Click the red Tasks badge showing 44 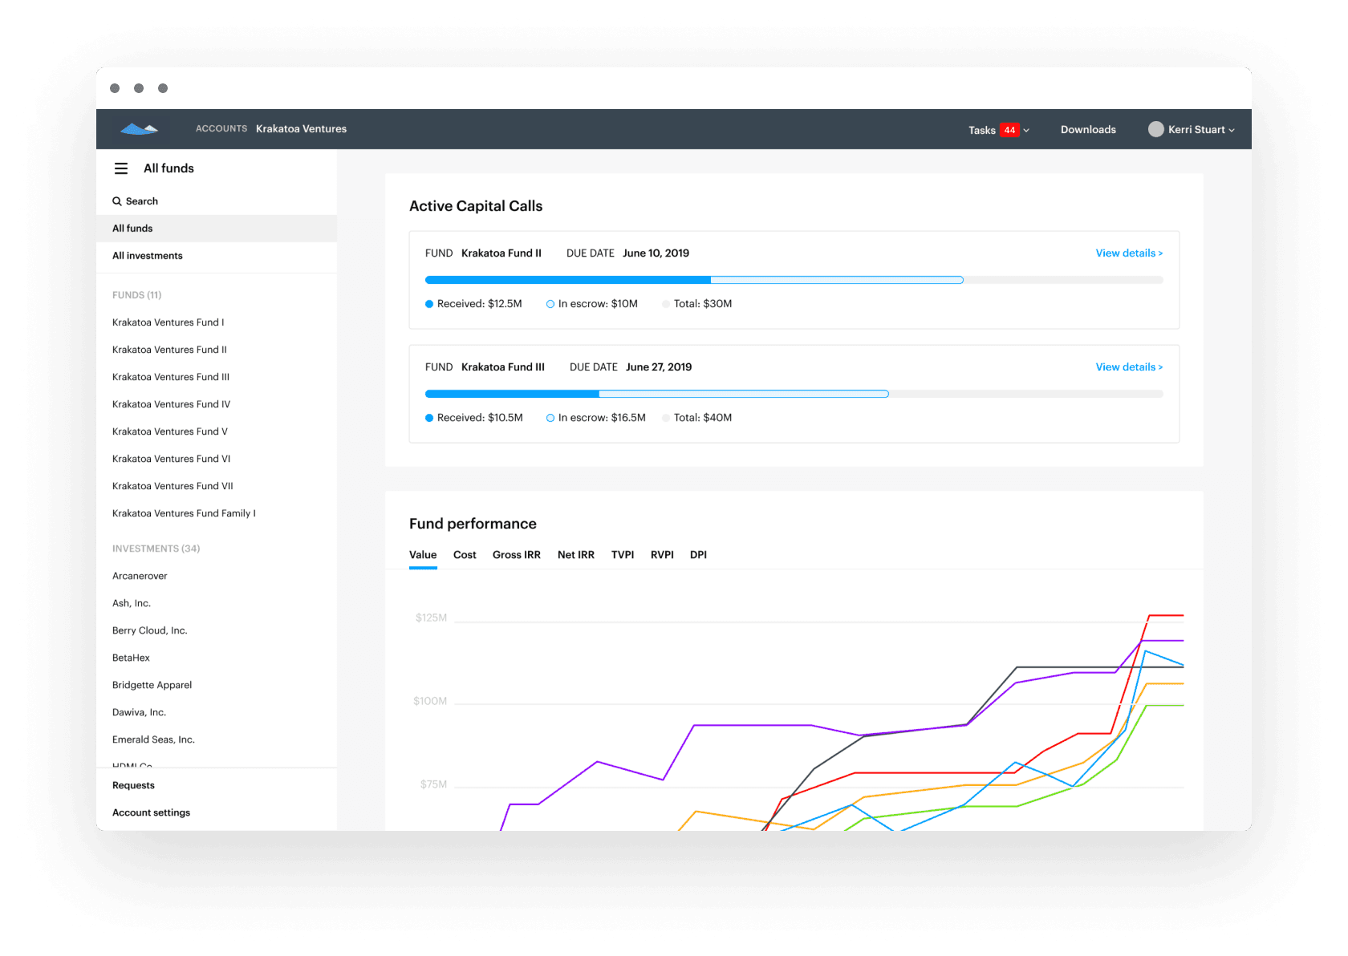click(1009, 130)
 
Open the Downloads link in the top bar click(1088, 130)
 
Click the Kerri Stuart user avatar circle click(1155, 129)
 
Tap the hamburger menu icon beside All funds click(121, 168)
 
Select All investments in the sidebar click(148, 256)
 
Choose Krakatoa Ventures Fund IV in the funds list click(171, 404)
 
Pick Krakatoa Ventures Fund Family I click(184, 513)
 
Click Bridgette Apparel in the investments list click(152, 685)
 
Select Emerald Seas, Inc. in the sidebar click(153, 739)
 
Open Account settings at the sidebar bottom click(151, 812)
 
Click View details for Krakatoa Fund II click(1128, 253)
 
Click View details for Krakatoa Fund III click(1128, 367)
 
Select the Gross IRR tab click(516, 555)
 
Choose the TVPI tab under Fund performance click(622, 555)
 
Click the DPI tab click(698, 555)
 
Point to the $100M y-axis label click(430, 701)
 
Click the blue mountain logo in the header click(139, 128)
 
